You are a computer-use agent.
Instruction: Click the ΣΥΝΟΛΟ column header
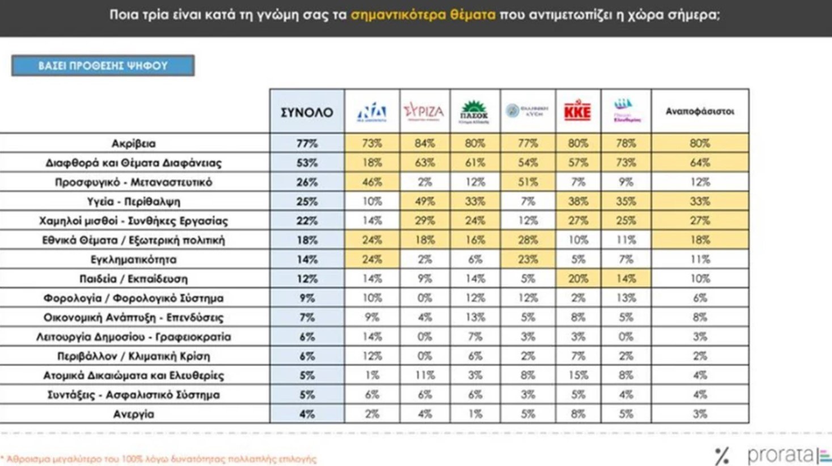pyautogui.click(x=307, y=112)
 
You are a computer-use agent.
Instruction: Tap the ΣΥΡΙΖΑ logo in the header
pyautogui.click(x=424, y=111)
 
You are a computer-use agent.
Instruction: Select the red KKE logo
pyautogui.click(x=577, y=111)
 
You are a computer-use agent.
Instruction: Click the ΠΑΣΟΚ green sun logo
pyautogui.click(x=474, y=111)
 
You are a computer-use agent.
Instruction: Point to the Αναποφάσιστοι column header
pyautogui.click(x=700, y=111)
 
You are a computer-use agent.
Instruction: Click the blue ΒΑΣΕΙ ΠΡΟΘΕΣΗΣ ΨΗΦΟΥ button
pyautogui.click(x=103, y=65)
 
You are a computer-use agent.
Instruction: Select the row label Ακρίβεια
pyautogui.click(x=134, y=144)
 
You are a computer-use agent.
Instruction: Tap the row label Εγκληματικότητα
pyautogui.click(x=134, y=259)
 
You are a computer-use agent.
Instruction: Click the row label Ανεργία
pyautogui.click(x=134, y=414)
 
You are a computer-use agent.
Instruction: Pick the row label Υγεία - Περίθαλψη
pyautogui.click(x=134, y=201)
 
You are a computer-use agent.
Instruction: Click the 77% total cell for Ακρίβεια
pyautogui.click(x=307, y=144)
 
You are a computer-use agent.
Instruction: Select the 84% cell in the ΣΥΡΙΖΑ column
pyautogui.click(x=424, y=144)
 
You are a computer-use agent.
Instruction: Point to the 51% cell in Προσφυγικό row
pyautogui.click(x=527, y=182)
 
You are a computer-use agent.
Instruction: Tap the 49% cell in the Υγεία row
pyautogui.click(x=424, y=201)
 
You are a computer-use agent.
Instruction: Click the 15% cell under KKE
pyautogui.click(x=577, y=375)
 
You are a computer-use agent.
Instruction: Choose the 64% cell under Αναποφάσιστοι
pyautogui.click(x=700, y=163)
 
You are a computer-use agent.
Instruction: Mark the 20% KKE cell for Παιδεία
pyautogui.click(x=577, y=279)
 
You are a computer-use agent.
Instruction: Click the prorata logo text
pyautogui.click(x=780, y=455)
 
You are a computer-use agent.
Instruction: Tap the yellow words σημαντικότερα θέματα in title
pyautogui.click(x=423, y=15)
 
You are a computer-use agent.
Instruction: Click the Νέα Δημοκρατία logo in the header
pyautogui.click(x=371, y=111)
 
